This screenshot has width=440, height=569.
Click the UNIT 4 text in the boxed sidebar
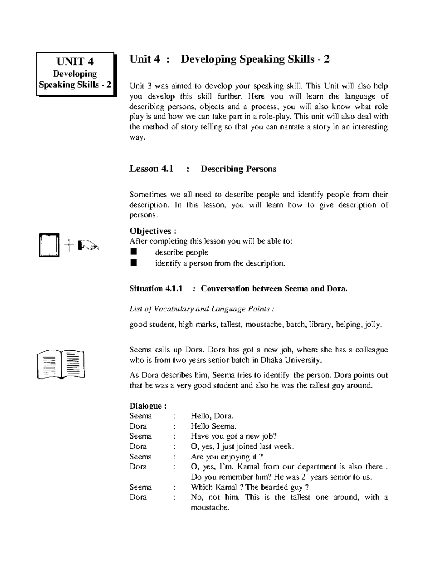coord(75,61)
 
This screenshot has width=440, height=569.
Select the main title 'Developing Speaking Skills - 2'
coord(255,59)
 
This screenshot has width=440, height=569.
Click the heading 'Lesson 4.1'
coord(151,169)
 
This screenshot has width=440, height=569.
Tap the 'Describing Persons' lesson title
coord(238,169)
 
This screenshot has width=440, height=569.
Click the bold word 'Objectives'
coord(151,231)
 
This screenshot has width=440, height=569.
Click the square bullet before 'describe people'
coord(133,252)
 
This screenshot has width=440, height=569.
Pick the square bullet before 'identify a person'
coord(133,263)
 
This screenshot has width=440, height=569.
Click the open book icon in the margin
coord(61,365)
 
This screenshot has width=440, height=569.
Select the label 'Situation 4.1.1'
coord(156,289)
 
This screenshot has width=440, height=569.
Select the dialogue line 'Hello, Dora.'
coord(212,416)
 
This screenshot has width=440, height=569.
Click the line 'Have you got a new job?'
coord(234,436)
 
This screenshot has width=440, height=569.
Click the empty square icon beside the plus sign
coord(49,246)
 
